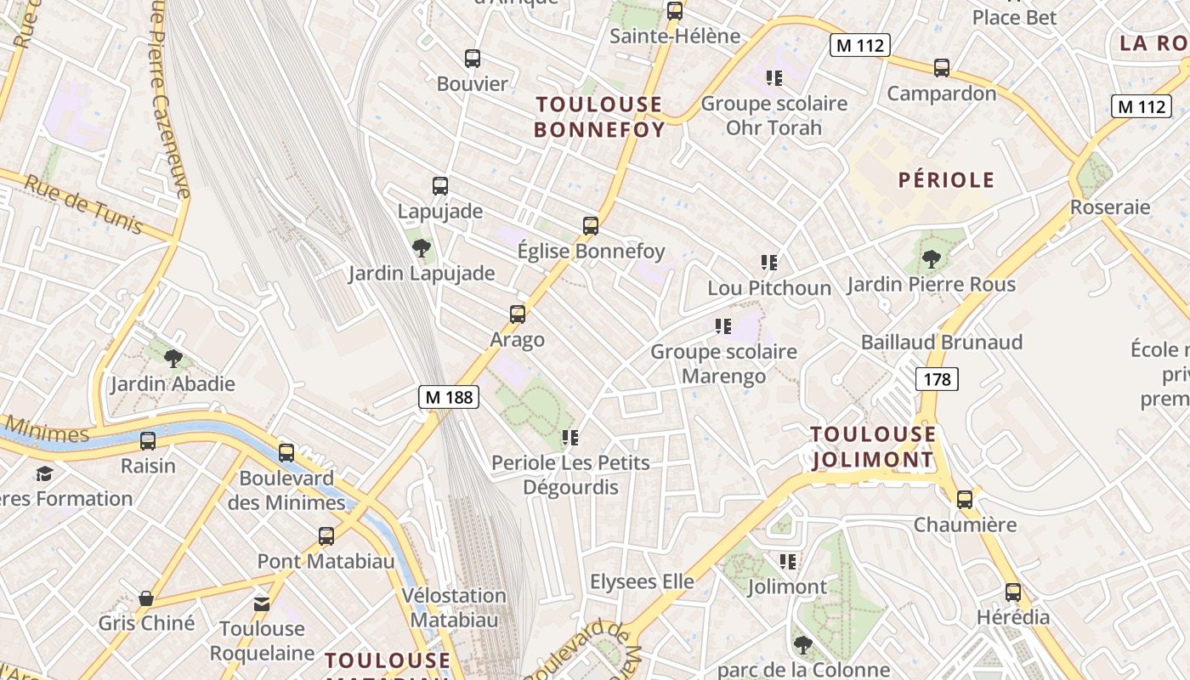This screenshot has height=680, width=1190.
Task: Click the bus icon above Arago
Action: [x=518, y=314]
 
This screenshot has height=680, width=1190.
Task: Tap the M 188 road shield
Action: [x=449, y=396]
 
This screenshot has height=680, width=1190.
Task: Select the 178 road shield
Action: [x=937, y=378]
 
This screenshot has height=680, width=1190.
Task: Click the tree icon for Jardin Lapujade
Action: [x=421, y=248]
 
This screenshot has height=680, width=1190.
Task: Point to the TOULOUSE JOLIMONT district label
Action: [x=872, y=447]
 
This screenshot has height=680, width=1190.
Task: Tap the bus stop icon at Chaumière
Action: [x=965, y=500]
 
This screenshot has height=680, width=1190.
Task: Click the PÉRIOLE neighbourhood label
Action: [x=946, y=179]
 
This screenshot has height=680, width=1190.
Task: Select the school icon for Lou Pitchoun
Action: [x=769, y=263]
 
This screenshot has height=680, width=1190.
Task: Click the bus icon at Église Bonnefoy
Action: [x=591, y=226]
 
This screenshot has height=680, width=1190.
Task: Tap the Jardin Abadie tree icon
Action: [x=173, y=358]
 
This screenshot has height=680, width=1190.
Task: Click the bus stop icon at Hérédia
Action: [x=1013, y=592]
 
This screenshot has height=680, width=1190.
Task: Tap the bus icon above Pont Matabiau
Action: [x=326, y=536]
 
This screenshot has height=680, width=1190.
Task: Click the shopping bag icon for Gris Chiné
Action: [x=146, y=598]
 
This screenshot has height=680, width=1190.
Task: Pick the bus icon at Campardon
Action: [x=942, y=68]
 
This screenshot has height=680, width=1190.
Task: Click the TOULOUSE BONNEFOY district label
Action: [x=598, y=116]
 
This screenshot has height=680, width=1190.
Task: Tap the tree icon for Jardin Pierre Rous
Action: [x=932, y=258]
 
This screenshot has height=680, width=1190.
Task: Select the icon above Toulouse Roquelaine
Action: [x=262, y=604]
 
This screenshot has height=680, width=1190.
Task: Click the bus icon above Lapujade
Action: [x=440, y=186]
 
